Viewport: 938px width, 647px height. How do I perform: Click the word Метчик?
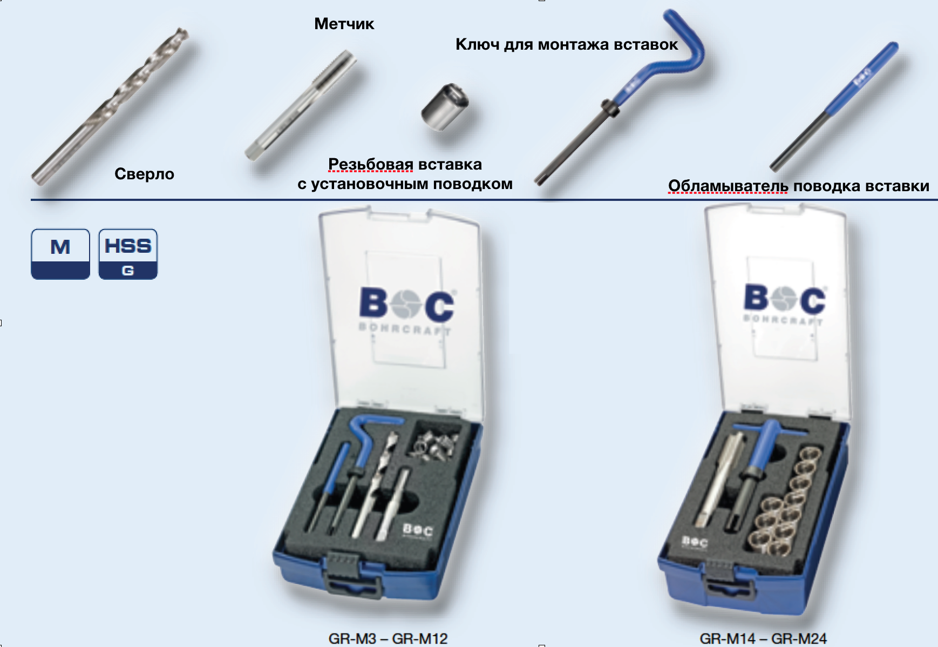344,24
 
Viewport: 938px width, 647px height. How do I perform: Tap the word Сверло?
144,174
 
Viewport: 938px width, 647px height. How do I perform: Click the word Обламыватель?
728,186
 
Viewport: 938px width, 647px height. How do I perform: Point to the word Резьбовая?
371,164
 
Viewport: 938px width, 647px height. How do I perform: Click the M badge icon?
60,254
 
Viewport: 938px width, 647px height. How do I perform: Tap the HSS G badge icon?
128,254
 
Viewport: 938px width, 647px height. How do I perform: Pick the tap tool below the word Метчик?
300,105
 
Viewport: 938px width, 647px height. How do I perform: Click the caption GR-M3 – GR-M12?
388,638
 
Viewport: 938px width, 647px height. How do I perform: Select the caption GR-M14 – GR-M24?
763,638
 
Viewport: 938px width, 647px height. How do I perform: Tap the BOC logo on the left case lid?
407,305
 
